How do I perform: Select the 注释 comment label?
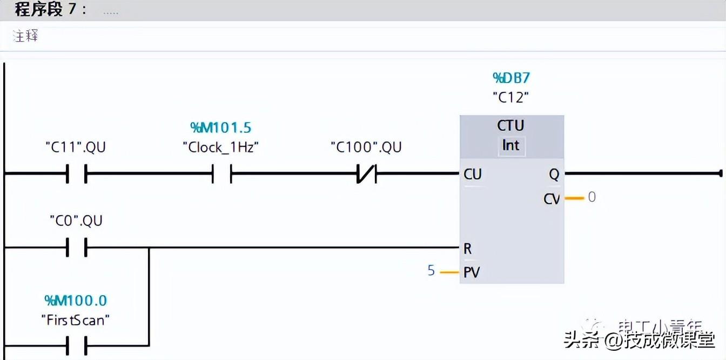coord(25,37)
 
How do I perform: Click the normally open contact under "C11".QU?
coord(76,174)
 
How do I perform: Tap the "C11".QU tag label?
coord(76,147)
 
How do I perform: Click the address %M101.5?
coord(220,128)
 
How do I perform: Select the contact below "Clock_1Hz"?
coord(221,174)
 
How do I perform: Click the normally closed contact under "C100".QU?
coord(366,174)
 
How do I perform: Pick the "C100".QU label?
coord(366,147)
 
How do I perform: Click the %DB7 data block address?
coord(511,78)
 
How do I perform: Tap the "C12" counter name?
coord(511,98)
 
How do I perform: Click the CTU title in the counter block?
coord(511,125)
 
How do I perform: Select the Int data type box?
coord(511,145)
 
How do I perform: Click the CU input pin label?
coord(472,174)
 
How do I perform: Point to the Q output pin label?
coord(554,174)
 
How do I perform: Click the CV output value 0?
coord(592,197)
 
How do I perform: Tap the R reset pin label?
coord(468,249)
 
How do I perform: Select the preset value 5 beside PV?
coord(431,270)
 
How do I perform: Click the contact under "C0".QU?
coord(76,248)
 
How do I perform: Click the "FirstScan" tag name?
coord(75,320)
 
